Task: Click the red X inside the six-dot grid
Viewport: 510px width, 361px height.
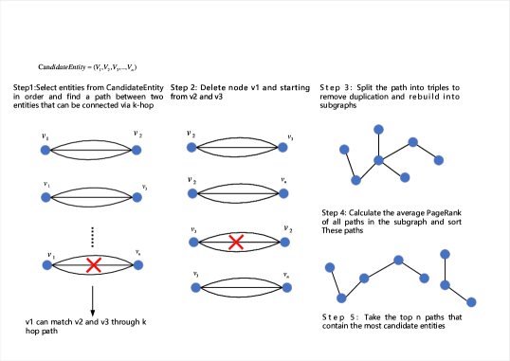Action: pos(93,265)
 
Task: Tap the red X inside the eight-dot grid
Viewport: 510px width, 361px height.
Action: pos(236,243)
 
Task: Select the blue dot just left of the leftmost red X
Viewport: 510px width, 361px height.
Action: pos(46,265)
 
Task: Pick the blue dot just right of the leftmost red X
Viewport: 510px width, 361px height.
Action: pos(138,265)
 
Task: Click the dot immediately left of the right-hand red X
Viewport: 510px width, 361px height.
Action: pos(193,242)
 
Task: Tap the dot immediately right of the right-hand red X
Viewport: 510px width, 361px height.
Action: pos(284,242)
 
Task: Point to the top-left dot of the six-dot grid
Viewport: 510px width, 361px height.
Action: pos(45,150)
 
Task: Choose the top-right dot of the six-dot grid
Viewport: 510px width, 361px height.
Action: pos(137,150)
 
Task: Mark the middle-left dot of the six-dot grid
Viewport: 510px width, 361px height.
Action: pos(46,197)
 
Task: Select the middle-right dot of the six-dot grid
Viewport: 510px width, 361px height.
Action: pos(137,197)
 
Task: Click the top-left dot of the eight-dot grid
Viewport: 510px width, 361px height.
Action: pos(191,147)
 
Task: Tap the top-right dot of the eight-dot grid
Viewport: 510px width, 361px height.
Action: pos(282,147)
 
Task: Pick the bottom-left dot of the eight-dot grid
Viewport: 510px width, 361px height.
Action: pos(195,287)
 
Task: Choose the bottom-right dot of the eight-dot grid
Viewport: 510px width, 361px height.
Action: pos(286,287)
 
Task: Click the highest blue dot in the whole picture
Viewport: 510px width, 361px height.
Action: pos(378,129)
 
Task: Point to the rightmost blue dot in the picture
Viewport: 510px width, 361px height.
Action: pos(471,302)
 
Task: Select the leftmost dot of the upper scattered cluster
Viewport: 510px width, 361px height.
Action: pos(344,149)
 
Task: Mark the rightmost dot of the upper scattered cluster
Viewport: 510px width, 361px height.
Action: pos(439,160)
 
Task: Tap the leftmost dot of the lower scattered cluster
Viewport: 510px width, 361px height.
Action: pos(330,267)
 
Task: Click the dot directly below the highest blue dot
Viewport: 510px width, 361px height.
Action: pos(378,160)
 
